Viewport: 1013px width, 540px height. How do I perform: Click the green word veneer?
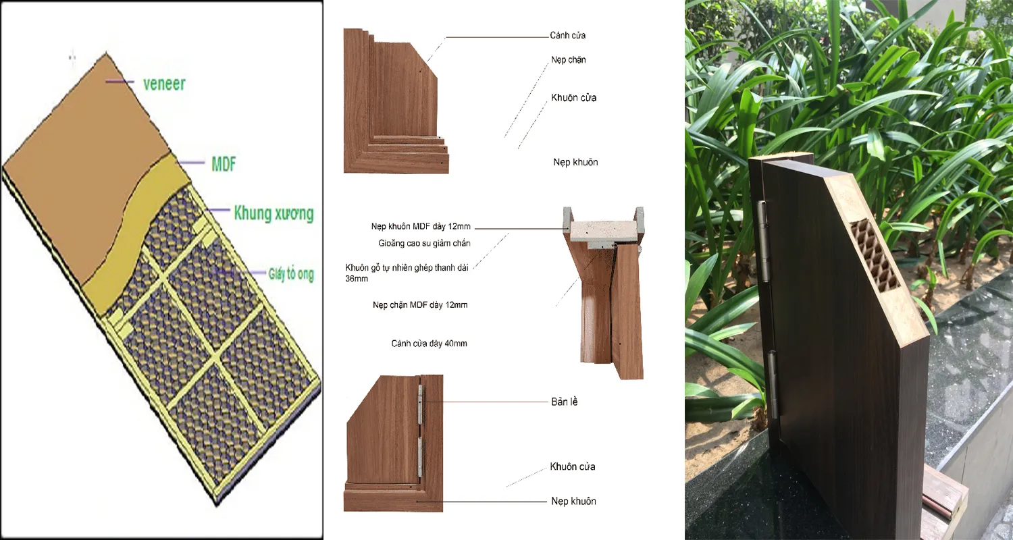[x=164, y=84]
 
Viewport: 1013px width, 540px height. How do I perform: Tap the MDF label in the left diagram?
[x=224, y=163]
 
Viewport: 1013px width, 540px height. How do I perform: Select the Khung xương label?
[x=274, y=214]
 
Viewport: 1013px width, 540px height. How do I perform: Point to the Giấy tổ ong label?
[x=290, y=274]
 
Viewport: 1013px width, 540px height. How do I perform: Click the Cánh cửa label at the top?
[x=568, y=35]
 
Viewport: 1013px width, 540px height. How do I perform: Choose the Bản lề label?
[x=565, y=402]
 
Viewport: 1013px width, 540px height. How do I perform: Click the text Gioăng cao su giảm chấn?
[x=424, y=243]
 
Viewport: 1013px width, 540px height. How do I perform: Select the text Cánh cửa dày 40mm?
[x=429, y=344]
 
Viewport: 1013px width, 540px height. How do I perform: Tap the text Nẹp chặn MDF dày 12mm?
[x=420, y=305]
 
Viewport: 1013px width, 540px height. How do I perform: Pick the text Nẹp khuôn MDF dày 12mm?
[x=421, y=227]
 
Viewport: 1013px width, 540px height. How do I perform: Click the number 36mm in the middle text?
[x=357, y=278]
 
